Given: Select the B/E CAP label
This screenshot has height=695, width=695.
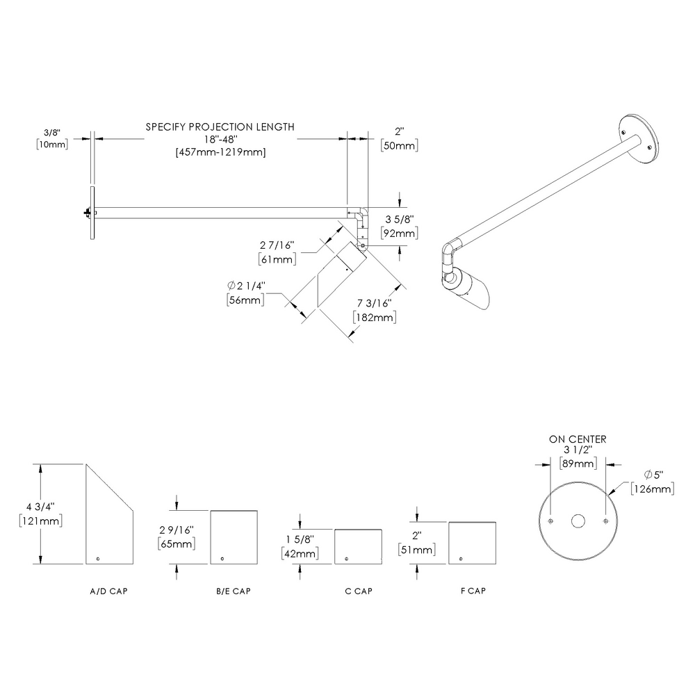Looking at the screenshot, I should click(x=233, y=591).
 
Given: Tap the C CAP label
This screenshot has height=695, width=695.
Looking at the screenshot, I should click(x=359, y=591).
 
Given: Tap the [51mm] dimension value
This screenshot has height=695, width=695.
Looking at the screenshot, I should click(x=417, y=550).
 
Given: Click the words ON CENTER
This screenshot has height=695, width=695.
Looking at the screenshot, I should click(x=578, y=439).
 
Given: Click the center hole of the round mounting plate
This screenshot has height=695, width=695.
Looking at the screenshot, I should click(x=578, y=521).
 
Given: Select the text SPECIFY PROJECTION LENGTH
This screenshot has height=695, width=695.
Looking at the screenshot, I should click(x=220, y=126).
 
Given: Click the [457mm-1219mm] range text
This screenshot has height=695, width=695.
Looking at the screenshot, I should click(x=220, y=152).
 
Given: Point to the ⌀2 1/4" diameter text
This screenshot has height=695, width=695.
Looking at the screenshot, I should click(x=246, y=287).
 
